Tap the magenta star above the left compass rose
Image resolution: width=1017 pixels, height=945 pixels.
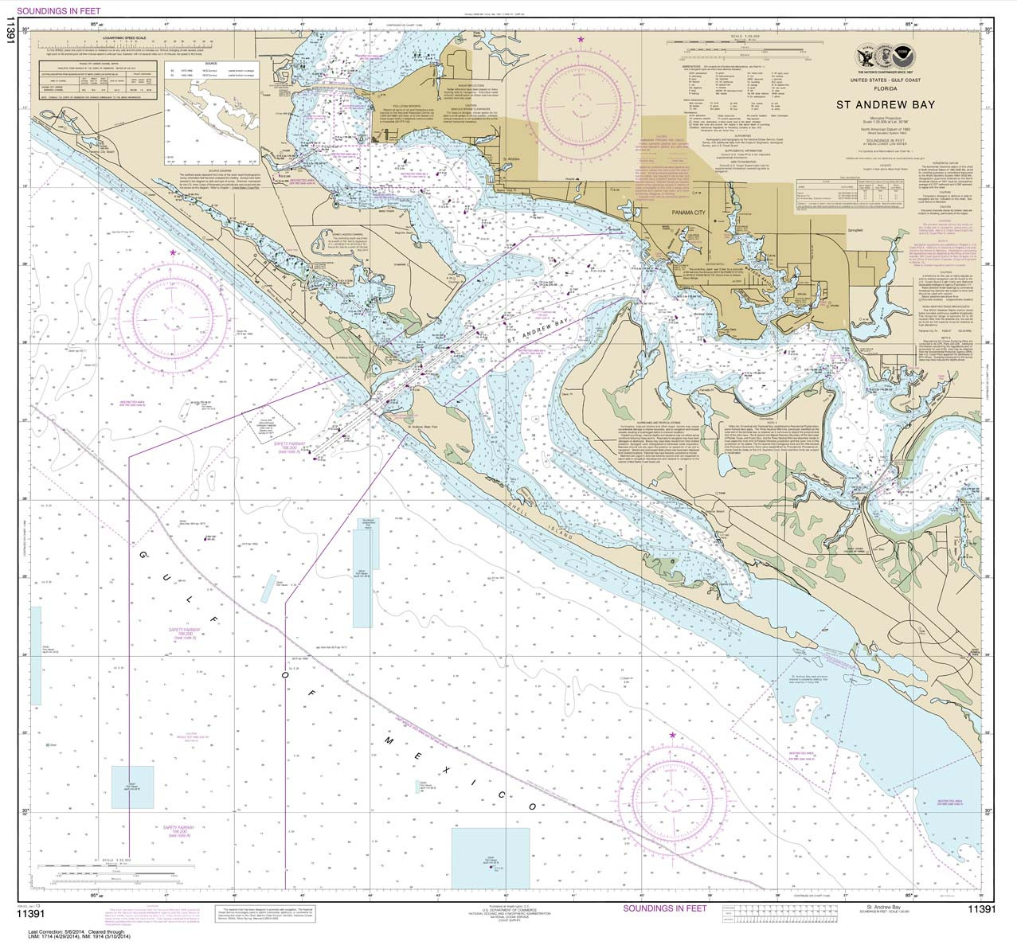(x=173, y=252)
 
